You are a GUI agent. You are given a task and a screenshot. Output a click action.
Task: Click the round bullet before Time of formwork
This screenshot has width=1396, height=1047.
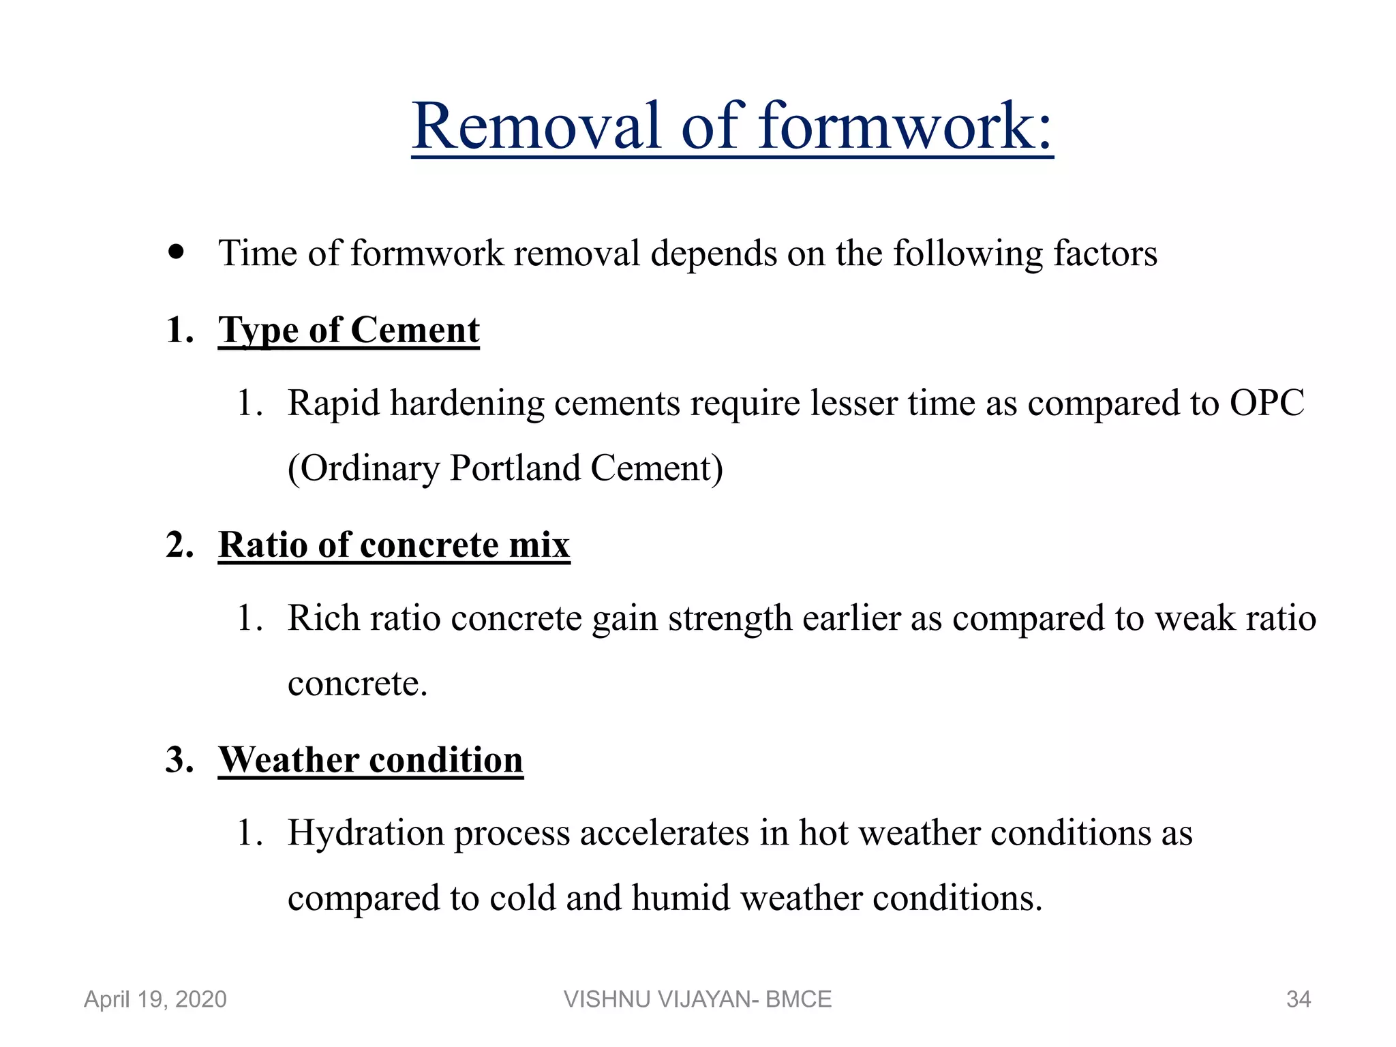177,252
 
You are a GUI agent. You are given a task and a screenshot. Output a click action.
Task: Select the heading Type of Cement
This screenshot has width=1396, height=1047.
348,331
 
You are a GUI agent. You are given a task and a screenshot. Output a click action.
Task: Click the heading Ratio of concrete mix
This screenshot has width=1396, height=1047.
394,545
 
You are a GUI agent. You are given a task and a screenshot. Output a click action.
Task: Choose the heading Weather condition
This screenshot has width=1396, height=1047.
371,760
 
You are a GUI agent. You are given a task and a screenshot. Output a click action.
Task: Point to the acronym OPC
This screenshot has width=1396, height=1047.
1266,403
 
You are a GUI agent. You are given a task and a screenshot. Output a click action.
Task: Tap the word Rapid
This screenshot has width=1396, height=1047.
333,403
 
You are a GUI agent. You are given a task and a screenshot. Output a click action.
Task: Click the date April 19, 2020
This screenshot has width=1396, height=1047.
155,999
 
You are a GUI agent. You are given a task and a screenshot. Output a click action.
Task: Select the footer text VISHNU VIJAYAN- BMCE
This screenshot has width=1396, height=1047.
697,999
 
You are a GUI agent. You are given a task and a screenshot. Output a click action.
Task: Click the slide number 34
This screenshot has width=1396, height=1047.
1298,999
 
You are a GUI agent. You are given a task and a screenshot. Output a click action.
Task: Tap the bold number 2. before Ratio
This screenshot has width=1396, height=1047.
180,545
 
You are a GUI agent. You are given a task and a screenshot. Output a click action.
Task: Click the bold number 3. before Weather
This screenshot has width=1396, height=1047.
180,760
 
